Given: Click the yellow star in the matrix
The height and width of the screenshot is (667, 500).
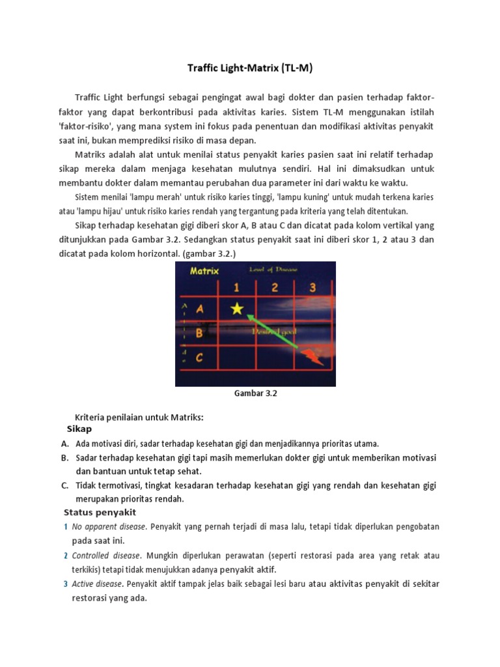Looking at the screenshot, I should point(237,309).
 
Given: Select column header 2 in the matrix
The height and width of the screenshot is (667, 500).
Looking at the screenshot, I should point(274,287).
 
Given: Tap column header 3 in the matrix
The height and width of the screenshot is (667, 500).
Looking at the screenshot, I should point(313,287).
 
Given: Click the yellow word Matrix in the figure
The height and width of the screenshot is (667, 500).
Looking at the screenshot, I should point(204,271).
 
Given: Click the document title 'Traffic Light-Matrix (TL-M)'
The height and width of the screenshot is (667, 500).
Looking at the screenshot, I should point(250,67).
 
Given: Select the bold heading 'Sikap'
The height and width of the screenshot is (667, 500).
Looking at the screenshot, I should point(79,429).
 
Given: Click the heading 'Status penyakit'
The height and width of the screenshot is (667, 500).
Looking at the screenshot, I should point(99,512).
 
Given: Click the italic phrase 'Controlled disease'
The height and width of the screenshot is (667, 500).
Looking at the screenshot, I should point(105,556).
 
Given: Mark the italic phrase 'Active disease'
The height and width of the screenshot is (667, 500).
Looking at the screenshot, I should point(97,584).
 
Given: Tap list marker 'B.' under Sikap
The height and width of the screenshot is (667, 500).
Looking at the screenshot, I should point(65,457).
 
